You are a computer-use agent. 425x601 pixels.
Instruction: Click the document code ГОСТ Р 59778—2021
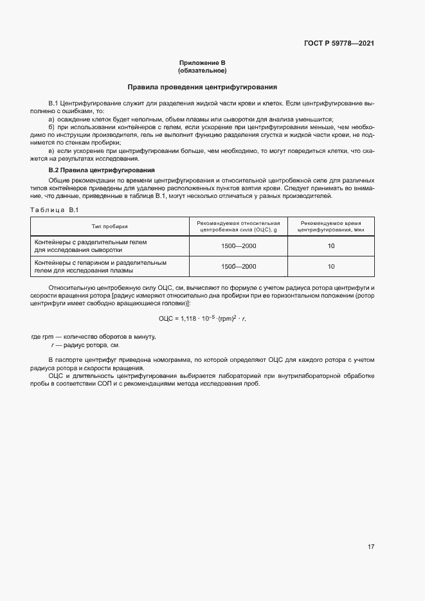coord(338,44)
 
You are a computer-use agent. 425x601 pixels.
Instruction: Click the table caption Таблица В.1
coord(54,210)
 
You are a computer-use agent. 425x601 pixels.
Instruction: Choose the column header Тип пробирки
coord(110,226)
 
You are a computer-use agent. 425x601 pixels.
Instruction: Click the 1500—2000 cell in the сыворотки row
coord(239,246)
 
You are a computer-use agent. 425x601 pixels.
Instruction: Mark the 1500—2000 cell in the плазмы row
coord(239,266)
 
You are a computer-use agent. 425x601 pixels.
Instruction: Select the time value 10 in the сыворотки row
coord(331,246)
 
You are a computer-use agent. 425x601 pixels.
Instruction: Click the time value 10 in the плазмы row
coord(331,266)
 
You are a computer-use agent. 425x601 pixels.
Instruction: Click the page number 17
coord(371,547)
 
